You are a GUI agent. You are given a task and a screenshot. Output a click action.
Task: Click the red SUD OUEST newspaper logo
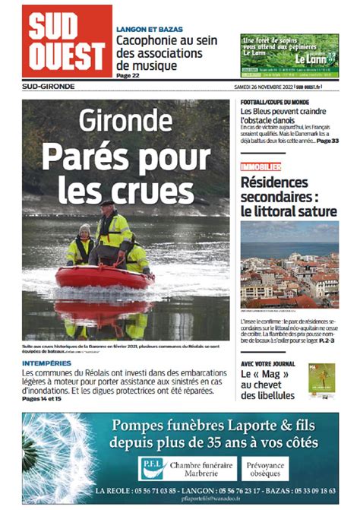[67, 41]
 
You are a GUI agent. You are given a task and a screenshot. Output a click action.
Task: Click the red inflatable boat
[115, 277]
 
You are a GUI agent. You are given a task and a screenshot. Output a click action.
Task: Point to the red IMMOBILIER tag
[261, 166]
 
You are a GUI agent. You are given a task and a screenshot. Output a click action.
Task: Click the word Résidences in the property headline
[274, 182]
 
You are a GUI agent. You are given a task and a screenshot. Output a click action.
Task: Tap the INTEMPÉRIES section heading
[47, 363]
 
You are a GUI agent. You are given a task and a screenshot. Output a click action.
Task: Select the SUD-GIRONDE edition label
[48, 87]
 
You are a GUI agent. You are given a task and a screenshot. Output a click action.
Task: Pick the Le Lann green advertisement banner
[289, 56]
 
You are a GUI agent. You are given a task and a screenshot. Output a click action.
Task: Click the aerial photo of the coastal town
[289, 265]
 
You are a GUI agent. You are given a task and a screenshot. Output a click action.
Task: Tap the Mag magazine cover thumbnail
[321, 382]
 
